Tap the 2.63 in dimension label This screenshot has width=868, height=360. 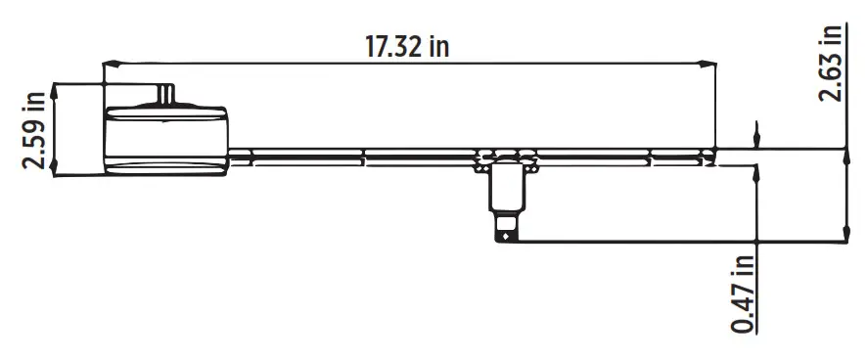pyautogui.click(x=831, y=61)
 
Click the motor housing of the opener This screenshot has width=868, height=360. pyautogui.click(x=166, y=137)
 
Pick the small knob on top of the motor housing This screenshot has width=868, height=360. pyautogui.click(x=166, y=94)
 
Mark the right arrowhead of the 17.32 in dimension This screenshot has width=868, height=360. pyautogui.click(x=709, y=65)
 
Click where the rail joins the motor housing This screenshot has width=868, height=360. pyautogui.click(x=230, y=154)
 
